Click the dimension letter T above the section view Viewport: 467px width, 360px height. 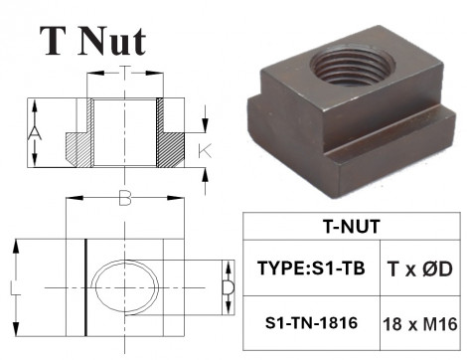point(124,72)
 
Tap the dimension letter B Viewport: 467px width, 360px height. point(124,198)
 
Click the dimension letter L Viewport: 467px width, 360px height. point(12,287)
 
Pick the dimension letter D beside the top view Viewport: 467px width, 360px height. point(227,288)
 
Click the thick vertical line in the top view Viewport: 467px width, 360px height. point(85,288)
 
